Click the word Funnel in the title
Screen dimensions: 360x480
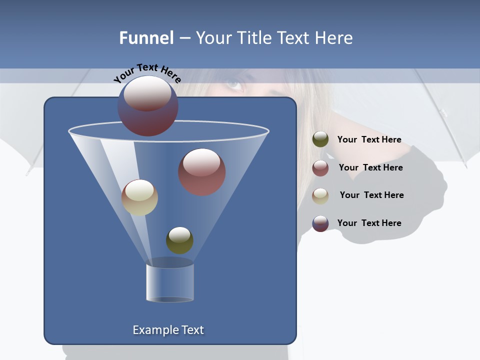pyautogui.click(x=146, y=38)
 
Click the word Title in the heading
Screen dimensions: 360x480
pyautogui.click(x=253, y=38)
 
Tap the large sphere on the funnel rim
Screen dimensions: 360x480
pyautogui.click(x=147, y=105)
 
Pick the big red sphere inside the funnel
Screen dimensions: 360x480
pyautogui.click(x=202, y=171)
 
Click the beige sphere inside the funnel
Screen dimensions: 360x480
pyautogui.click(x=139, y=197)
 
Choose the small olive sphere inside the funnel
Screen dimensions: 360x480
pyautogui.click(x=179, y=240)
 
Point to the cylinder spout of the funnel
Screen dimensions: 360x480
pyautogui.click(x=170, y=282)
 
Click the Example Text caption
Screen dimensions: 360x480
pyautogui.click(x=168, y=330)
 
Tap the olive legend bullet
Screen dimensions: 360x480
pyautogui.click(x=320, y=139)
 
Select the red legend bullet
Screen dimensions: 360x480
pyautogui.click(x=320, y=167)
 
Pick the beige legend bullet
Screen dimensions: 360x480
pyautogui.click(x=320, y=195)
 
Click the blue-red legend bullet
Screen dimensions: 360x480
pyautogui.click(x=320, y=223)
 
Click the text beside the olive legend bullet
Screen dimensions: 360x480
pyautogui.click(x=369, y=140)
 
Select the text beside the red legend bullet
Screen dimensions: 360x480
pyautogui.click(x=370, y=167)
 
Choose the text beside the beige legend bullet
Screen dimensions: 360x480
pyautogui.click(x=371, y=195)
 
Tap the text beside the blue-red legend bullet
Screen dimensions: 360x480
pyautogui.click(x=369, y=223)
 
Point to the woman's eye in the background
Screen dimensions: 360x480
pyautogui.click(x=233, y=84)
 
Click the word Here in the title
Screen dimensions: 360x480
pyautogui.click(x=334, y=38)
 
